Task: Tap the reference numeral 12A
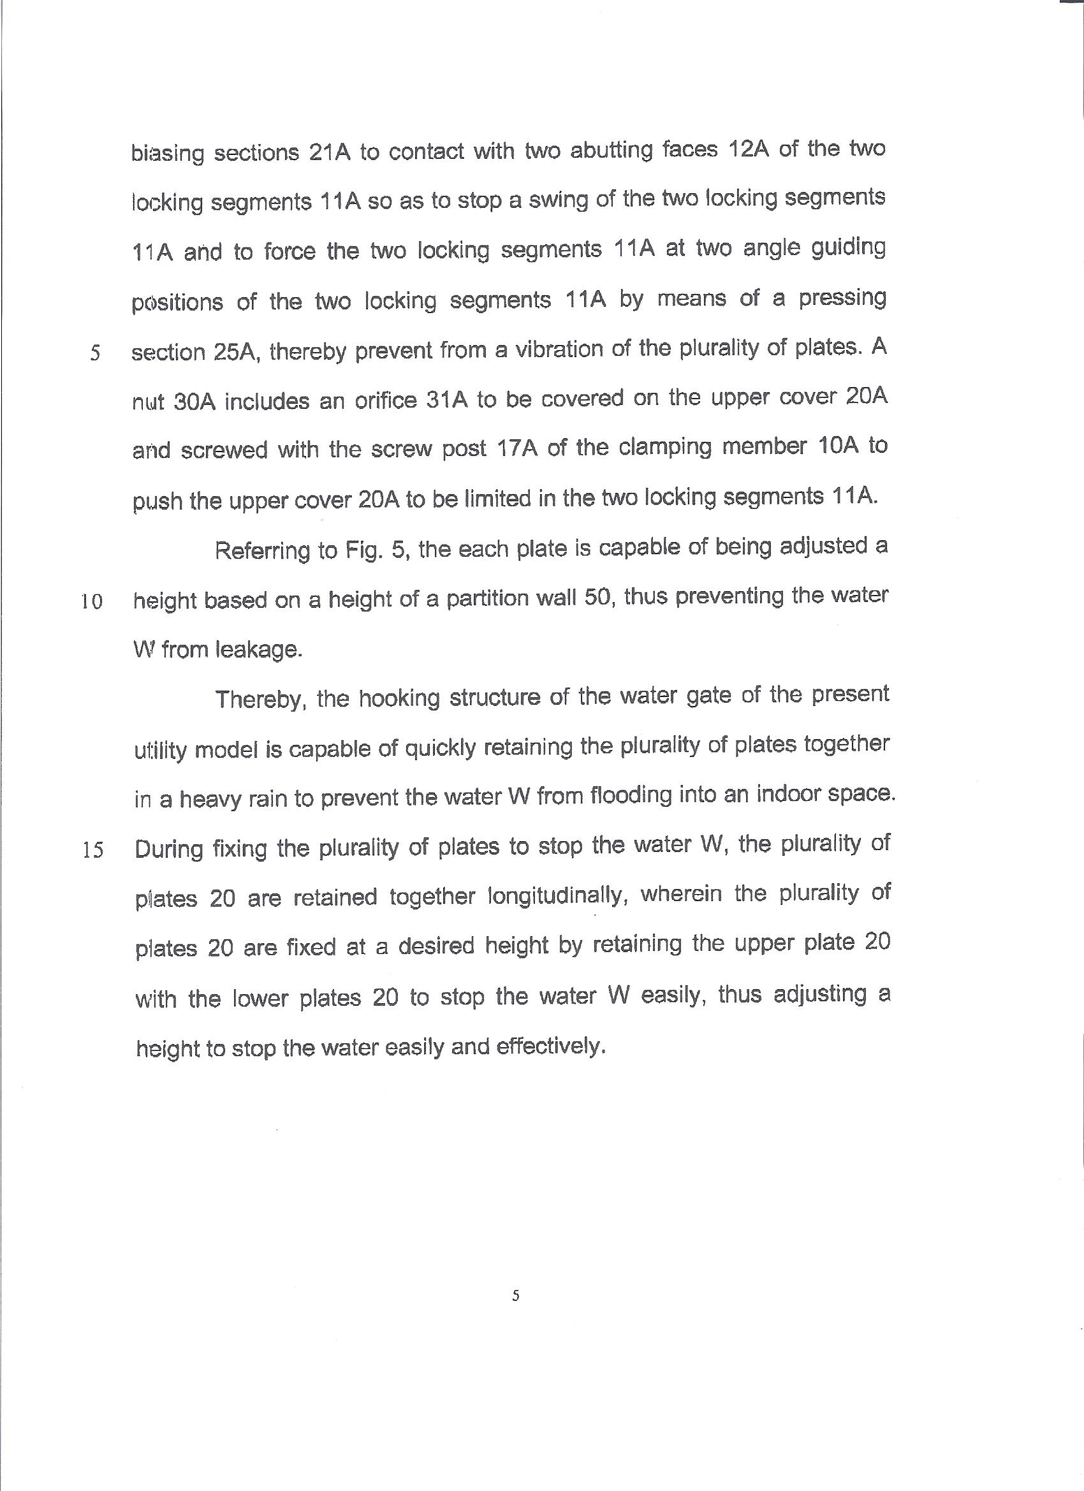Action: [x=749, y=151]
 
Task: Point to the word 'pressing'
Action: [x=842, y=299]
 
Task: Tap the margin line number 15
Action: [x=92, y=851]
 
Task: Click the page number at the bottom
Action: [x=515, y=1296]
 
